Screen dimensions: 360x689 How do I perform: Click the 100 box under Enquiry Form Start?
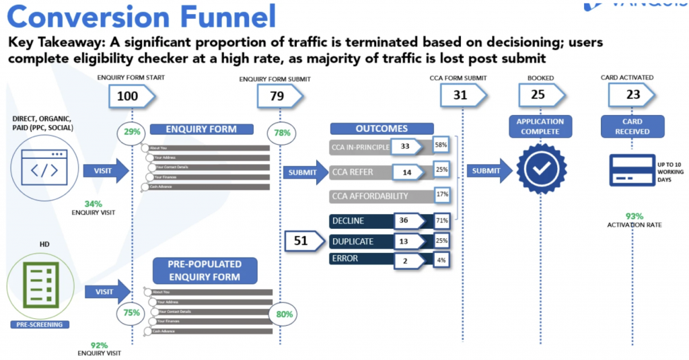(x=127, y=96)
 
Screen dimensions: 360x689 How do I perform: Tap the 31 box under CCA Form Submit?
(x=460, y=96)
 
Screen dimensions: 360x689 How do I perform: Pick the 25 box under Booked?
(x=538, y=95)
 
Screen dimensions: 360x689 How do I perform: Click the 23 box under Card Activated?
(x=632, y=95)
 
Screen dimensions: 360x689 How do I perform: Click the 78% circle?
(x=282, y=133)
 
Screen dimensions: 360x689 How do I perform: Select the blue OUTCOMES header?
(x=378, y=129)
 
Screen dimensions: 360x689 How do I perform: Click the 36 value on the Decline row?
(x=404, y=220)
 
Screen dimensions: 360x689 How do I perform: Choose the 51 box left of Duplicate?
(x=302, y=241)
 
